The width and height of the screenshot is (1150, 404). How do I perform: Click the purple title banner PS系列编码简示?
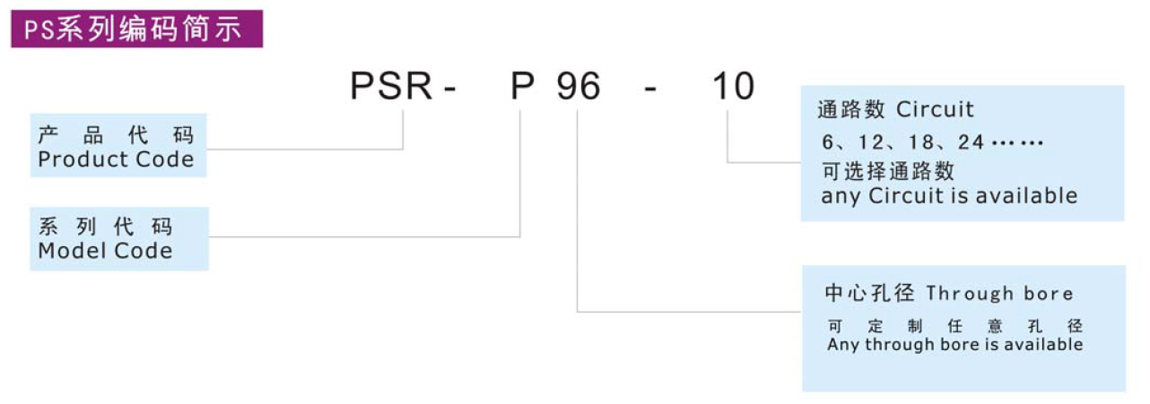pyautogui.click(x=136, y=29)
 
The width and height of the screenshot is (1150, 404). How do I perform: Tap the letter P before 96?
pyautogui.click(x=523, y=88)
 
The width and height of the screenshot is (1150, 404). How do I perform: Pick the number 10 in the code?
pyautogui.click(x=733, y=88)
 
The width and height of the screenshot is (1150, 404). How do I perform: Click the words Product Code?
pyautogui.click(x=116, y=160)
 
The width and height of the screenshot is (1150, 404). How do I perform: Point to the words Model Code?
pyautogui.click(x=105, y=252)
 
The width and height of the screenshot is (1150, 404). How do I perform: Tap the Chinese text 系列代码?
pyautogui.click(x=105, y=227)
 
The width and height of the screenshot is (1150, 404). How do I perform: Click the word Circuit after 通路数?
pyautogui.click(x=935, y=110)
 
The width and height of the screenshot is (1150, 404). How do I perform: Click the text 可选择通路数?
pyautogui.click(x=888, y=170)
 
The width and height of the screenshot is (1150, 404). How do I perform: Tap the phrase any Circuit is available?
pyautogui.click(x=949, y=196)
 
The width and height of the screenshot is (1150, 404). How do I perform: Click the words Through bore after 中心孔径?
pyautogui.click(x=999, y=294)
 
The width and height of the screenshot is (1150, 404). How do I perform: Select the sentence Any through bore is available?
pyautogui.click(x=954, y=345)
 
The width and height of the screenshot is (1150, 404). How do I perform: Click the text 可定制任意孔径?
pyautogui.click(x=954, y=326)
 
